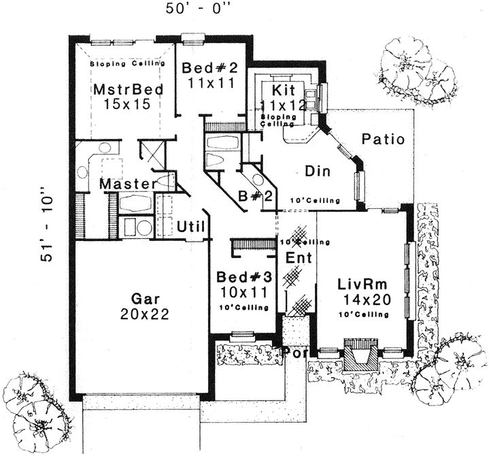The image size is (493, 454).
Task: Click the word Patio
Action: click(382, 140)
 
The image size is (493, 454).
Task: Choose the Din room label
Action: click(317, 172)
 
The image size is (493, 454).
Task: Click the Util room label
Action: click(190, 226)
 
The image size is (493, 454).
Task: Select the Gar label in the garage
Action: click(143, 299)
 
